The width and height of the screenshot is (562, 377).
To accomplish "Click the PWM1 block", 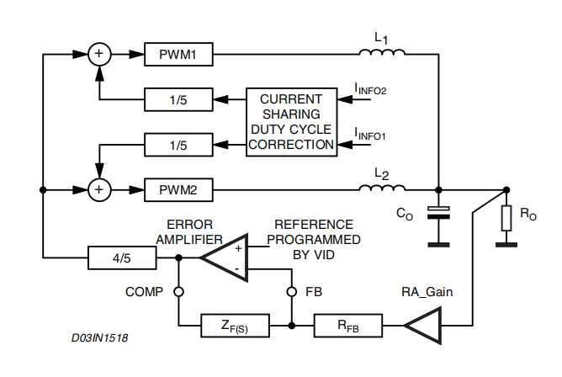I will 178,55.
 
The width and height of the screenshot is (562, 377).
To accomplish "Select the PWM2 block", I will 178,189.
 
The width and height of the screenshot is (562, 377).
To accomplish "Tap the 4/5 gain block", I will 122,258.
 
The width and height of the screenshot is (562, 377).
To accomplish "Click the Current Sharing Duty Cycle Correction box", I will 290,122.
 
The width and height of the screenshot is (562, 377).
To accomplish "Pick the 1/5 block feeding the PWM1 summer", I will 178,100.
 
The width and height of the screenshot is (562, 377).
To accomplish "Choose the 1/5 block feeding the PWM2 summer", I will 178,145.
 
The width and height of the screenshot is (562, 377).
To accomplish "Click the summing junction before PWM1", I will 100,55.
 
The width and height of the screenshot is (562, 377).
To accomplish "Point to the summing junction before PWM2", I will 100,189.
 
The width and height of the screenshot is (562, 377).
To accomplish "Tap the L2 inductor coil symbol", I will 381,188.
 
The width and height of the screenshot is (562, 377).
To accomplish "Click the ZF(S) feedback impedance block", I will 234,323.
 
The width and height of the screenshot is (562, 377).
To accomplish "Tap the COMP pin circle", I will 178,292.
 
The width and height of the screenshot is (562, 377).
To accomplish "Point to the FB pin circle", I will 291,292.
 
